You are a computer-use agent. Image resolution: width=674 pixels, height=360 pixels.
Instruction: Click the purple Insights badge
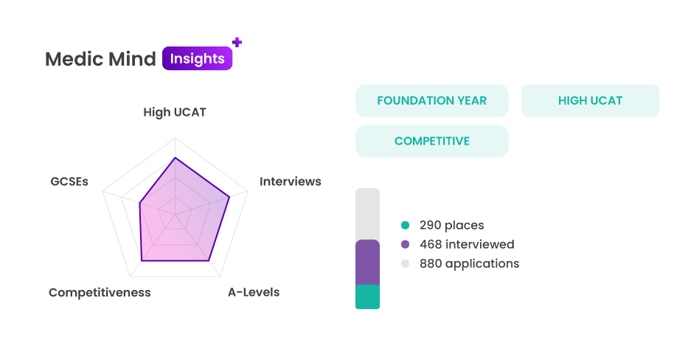coord(198,58)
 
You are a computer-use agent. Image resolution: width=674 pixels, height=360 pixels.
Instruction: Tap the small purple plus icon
coord(237,42)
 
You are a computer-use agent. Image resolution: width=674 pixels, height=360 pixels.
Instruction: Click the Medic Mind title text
coord(100,59)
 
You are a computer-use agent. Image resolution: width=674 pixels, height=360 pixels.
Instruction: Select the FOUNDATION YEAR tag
coord(432,100)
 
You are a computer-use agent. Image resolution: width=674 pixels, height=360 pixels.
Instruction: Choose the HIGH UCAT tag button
coord(590,100)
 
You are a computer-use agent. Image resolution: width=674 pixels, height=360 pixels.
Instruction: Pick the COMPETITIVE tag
coord(432,141)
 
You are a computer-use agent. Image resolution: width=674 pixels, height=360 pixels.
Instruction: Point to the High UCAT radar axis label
coord(175,112)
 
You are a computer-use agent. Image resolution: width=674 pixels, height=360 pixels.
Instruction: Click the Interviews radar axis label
coord(290,181)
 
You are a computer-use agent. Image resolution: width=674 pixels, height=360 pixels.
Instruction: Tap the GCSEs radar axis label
coord(69,181)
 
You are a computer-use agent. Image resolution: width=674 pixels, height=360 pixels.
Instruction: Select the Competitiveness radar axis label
coord(100,292)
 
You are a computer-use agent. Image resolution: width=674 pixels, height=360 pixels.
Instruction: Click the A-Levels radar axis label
coord(254,292)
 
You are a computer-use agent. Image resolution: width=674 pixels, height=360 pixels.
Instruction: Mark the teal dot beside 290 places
coord(405,225)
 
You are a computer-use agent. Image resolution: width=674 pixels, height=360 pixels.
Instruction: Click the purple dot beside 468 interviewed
coord(405,244)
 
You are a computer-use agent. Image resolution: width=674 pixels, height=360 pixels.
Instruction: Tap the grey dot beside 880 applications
coord(405,263)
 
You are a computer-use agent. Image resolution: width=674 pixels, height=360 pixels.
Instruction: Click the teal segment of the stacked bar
coord(367,297)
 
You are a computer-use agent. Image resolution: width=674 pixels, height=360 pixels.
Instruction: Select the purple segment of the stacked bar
coord(367,262)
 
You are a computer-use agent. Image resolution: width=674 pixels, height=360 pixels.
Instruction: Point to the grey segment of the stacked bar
coord(367,214)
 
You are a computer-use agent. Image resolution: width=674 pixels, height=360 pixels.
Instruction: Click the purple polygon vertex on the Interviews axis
coord(229,197)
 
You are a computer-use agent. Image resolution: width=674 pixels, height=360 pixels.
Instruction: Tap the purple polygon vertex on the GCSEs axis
coord(139,203)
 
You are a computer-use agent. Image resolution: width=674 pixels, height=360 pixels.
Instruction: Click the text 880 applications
coord(470,263)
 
